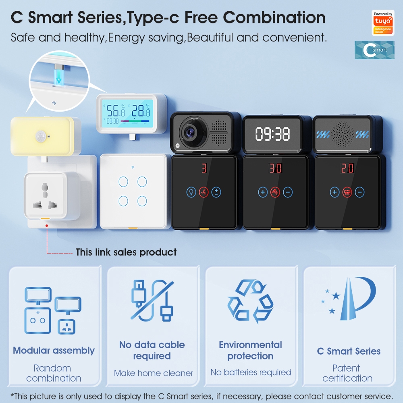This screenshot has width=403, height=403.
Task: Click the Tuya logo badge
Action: (x=383, y=23)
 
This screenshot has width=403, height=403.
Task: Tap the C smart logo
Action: (x=374, y=50)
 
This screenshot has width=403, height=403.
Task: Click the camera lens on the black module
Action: (x=191, y=132)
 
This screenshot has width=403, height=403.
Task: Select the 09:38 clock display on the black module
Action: (x=272, y=134)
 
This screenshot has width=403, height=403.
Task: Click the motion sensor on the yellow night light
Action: (x=41, y=136)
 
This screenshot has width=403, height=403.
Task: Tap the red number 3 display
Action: (x=204, y=168)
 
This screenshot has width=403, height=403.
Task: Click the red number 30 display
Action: (x=275, y=168)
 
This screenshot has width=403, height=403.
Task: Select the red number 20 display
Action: (x=347, y=168)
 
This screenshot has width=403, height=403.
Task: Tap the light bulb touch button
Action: (x=191, y=192)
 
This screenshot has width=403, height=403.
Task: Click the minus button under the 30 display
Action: (x=288, y=192)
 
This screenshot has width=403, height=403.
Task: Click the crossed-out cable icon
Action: (x=152, y=300)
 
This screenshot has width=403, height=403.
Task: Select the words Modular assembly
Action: (x=54, y=351)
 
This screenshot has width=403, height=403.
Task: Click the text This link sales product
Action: (x=126, y=252)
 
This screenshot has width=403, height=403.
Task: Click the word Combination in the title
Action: (x=274, y=17)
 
